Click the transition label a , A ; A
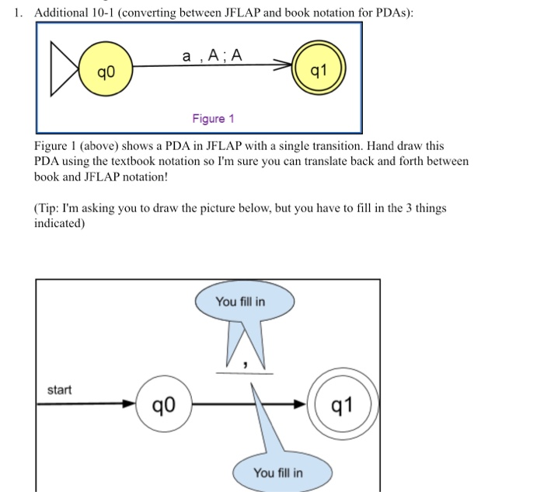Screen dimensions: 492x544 (x=211, y=55)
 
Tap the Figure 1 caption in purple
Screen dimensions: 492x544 (x=213, y=118)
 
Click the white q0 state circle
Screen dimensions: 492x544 (x=163, y=404)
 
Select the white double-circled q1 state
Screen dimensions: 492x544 (x=343, y=404)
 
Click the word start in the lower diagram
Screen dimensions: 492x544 (x=60, y=389)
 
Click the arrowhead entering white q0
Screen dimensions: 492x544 (x=129, y=404)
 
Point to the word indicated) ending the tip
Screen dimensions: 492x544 (x=59, y=222)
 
